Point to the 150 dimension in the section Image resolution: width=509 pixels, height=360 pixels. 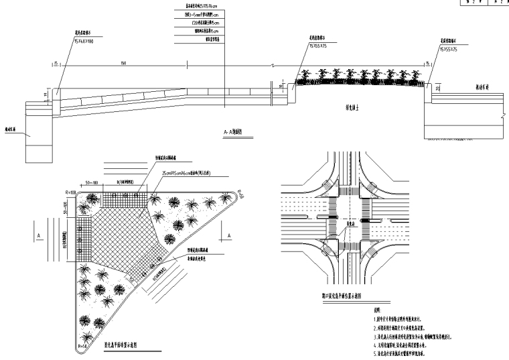pos(123,63)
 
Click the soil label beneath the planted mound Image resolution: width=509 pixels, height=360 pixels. pos(351,106)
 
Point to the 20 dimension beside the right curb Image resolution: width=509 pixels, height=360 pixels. pos(437,87)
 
